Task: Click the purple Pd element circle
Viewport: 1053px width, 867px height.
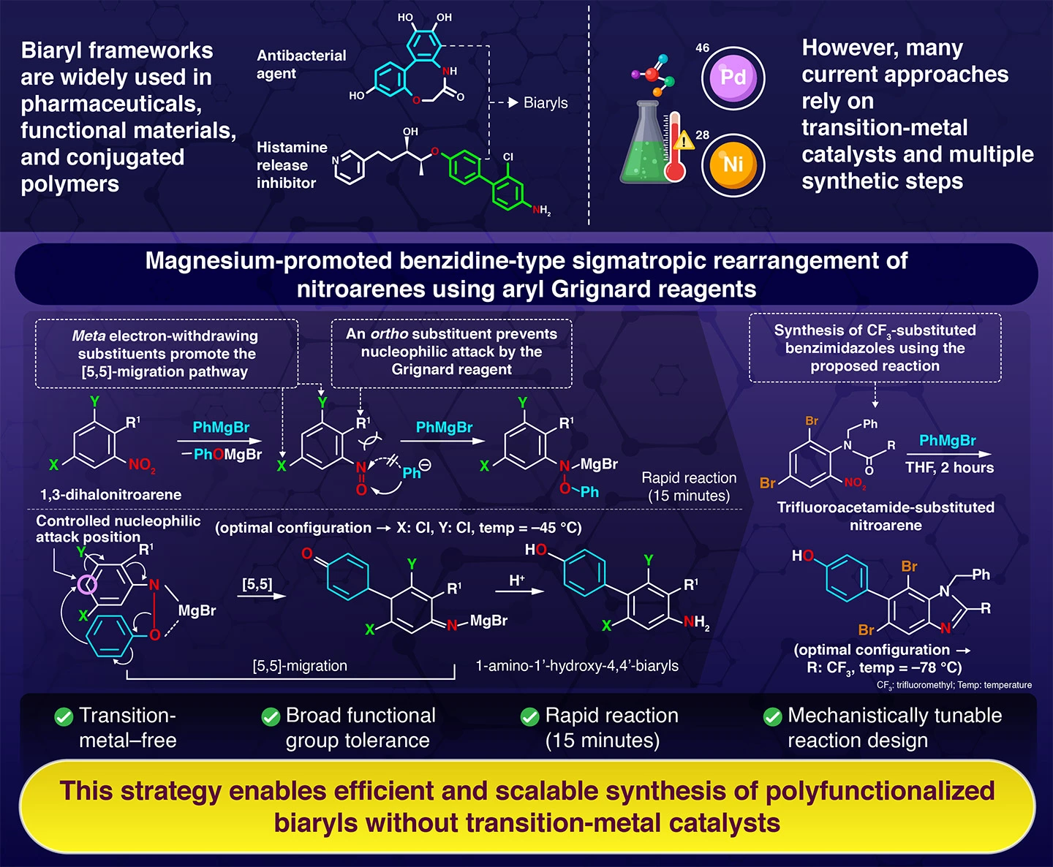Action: click(x=733, y=77)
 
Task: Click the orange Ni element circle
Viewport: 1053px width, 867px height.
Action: click(x=733, y=164)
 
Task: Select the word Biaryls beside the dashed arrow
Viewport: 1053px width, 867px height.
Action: click(x=546, y=103)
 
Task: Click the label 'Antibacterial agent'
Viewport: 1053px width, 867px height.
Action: click(x=301, y=64)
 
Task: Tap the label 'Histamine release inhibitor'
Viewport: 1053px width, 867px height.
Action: click(x=291, y=165)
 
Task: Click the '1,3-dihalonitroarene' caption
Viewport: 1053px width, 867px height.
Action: click(x=111, y=495)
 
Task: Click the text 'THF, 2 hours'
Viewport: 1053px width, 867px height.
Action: click(x=949, y=468)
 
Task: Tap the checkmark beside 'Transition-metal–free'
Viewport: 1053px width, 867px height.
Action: click(x=64, y=716)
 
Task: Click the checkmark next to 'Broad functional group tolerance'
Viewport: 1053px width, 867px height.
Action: click(x=271, y=716)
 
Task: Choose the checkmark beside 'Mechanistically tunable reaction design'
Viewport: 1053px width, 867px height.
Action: click(x=772, y=716)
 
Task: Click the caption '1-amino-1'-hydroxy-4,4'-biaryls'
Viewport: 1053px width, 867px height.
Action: click(x=577, y=666)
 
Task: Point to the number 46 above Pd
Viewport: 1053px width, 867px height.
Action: click(x=702, y=48)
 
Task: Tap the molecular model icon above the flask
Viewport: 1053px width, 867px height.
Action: click(x=654, y=75)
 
